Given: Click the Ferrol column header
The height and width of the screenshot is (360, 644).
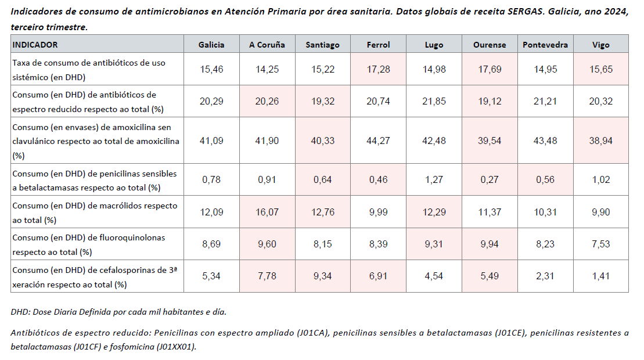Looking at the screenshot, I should click(x=378, y=45).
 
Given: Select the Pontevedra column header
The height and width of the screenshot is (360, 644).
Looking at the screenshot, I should click(x=545, y=45).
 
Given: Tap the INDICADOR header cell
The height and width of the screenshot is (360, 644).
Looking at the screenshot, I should click(x=35, y=45).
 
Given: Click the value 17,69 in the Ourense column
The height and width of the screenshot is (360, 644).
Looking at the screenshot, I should click(x=490, y=70).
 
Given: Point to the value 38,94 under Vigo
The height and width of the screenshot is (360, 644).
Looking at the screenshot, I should click(x=600, y=141).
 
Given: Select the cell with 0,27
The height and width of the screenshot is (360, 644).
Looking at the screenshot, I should click(x=490, y=180).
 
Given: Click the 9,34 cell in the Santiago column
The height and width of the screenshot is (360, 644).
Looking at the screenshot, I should click(x=323, y=276).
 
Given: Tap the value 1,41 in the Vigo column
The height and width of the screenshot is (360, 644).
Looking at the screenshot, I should click(x=600, y=276).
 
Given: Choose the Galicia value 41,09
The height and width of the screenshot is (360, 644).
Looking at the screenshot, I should click(x=211, y=141).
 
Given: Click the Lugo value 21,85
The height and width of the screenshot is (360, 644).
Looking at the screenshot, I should click(x=434, y=101).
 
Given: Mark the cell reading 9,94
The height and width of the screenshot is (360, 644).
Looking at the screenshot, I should click(x=490, y=244).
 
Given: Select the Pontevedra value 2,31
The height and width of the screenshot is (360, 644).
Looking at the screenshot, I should click(x=545, y=276).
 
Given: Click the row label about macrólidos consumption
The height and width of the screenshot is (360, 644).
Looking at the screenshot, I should click(x=95, y=212).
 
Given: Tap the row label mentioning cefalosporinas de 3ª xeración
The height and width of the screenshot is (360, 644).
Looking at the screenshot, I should click(x=95, y=276).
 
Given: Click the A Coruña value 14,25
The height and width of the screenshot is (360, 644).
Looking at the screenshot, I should click(x=267, y=70).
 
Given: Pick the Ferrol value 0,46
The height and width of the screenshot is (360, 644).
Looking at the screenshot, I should click(x=378, y=180).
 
